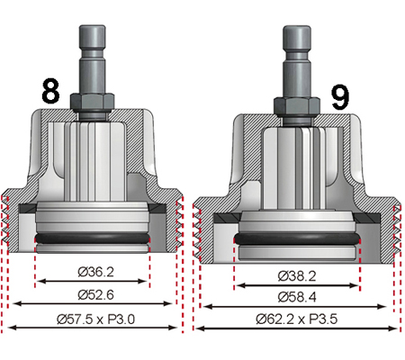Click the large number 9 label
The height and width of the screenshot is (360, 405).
pyautogui.click(x=339, y=95)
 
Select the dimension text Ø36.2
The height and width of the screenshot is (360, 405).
pyautogui.click(x=93, y=270)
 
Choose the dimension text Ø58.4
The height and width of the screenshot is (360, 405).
pyautogui.click(x=296, y=297)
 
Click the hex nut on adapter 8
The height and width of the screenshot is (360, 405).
pyautogui.click(x=93, y=101)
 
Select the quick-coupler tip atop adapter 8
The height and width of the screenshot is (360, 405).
pyautogui.click(x=94, y=35)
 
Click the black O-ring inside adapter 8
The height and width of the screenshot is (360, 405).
pyautogui.click(x=93, y=238)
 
